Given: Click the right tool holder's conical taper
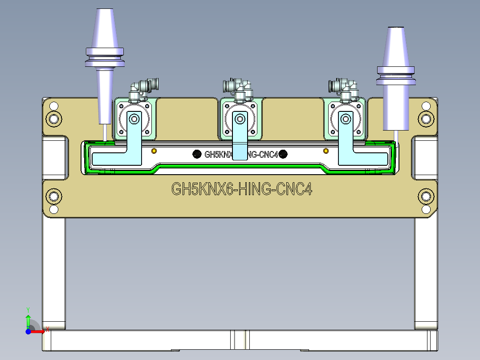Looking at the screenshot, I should pos(396,47).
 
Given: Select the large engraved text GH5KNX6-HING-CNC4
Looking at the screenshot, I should pos(242,189).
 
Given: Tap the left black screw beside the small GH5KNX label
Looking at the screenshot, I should pos(196,154).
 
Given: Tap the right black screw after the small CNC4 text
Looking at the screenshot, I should pos(284,154).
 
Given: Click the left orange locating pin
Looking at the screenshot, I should pos(154,151).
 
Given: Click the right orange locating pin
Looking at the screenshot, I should pos(325,151).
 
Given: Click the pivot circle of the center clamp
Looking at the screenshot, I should pos(240,119).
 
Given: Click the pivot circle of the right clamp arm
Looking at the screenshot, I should pos(346,119).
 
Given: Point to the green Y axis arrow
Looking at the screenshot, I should pos(28,320).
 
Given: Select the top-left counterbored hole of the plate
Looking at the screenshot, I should pos(54,118).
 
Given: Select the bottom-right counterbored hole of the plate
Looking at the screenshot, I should pos(426,196).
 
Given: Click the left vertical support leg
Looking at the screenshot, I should pos(54,272).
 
